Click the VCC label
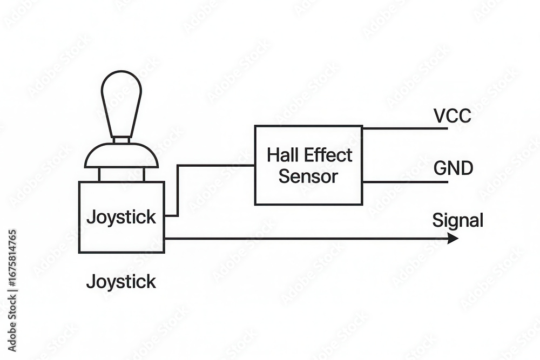point(452,116)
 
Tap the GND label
point(453,169)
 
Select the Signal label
point(457,220)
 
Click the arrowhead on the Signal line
point(453,239)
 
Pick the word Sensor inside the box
point(308,176)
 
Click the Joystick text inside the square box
point(121,218)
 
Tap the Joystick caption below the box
point(121,281)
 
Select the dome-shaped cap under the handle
point(122,157)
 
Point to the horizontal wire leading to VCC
point(405,128)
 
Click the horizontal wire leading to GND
point(405,182)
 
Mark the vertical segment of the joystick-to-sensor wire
point(178,190)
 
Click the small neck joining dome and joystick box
point(122,174)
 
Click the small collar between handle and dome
point(122,140)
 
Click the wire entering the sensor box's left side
point(216,165)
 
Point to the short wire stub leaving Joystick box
point(171,215)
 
